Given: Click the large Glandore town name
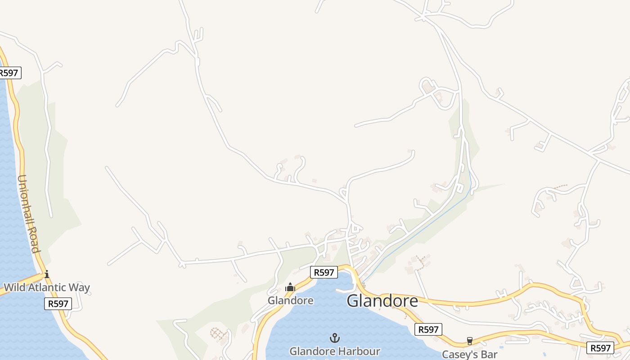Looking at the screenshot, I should (x=382, y=301).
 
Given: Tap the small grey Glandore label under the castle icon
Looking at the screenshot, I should (x=290, y=300).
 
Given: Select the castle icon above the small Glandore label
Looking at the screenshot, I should (x=290, y=287).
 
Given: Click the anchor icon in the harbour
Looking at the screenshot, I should (x=334, y=337).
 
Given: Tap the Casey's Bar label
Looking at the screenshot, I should (x=469, y=354).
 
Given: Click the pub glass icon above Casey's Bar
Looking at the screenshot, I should (x=470, y=341).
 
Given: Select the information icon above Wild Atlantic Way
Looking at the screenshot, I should (x=46, y=274).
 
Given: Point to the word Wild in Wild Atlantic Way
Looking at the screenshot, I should (x=15, y=288).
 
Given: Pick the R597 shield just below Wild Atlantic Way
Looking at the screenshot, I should (x=58, y=304).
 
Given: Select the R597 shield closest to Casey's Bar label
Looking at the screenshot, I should (x=428, y=329).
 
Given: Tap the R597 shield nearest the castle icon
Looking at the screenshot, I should (x=324, y=272).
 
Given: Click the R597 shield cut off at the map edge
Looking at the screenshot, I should (x=9, y=73).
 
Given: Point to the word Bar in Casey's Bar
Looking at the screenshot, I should (x=488, y=354).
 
